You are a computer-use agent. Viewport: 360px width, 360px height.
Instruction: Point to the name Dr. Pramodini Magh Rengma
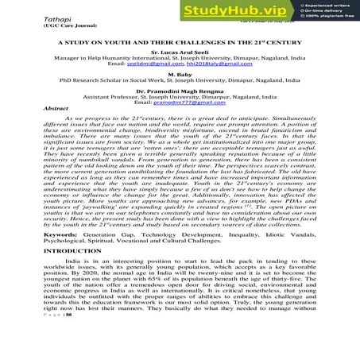(180, 118)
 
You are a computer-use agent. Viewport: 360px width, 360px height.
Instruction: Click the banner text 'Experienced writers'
(327, 7)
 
